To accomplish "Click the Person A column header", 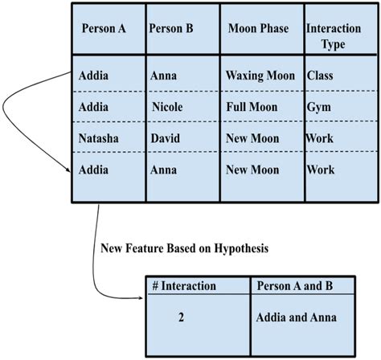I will [104, 28].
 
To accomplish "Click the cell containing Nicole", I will [168, 107].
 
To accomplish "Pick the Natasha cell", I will [99, 138].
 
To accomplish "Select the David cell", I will [166, 138].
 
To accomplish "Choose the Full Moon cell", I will [252, 107].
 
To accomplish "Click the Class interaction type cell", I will [320, 76].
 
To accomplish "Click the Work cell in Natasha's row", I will [320, 138].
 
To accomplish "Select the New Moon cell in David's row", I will [252, 138].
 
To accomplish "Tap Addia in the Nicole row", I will [94, 107].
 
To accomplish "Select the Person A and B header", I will [294, 285].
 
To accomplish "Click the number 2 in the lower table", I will [182, 318].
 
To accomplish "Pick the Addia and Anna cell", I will [296, 318].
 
